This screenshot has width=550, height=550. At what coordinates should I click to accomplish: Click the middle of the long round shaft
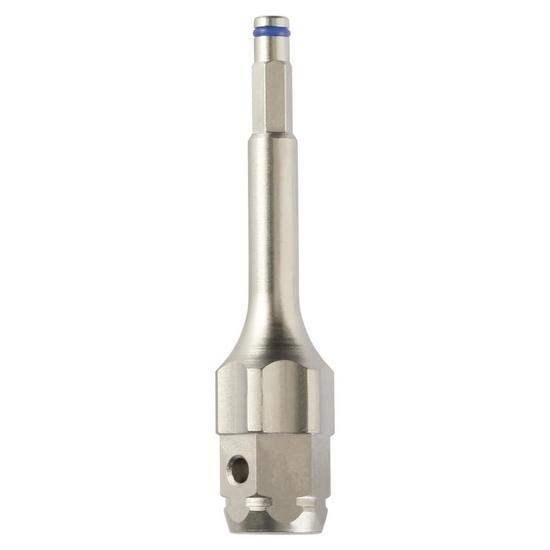pos(271,220)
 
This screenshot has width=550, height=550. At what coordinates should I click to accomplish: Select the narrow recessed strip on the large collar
pos(255,399)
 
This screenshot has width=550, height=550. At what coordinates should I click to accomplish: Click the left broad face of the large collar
pos(231,399)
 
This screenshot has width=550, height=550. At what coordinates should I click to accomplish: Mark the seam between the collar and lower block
pos(275,433)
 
